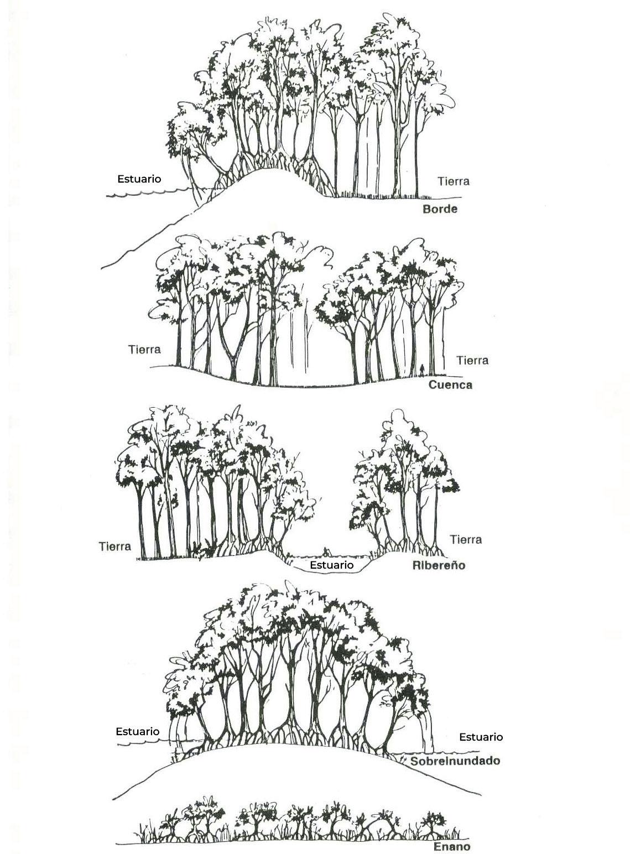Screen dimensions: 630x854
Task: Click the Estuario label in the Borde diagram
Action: (139, 179)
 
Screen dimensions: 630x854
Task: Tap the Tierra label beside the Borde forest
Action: (453, 181)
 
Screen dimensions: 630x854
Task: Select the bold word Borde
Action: (440, 209)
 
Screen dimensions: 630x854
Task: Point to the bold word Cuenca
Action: (450, 385)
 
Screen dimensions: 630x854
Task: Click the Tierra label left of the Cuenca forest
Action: (144, 350)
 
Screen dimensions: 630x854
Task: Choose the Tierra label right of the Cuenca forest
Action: (472, 361)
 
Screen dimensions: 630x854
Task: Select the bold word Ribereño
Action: (439, 565)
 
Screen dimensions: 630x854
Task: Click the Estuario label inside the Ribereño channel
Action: (331, 565)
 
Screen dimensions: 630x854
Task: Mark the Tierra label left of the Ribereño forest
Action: (115, 546)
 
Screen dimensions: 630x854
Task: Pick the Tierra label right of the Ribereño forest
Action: (466, 539)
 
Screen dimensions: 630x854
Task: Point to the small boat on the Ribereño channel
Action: (326, 552)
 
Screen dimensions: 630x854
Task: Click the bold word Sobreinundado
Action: (455, 761)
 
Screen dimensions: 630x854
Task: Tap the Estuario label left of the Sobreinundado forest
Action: (138, 731)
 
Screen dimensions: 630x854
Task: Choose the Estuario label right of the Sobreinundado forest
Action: (481, 737)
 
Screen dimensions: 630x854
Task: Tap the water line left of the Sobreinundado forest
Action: (144, 744)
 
